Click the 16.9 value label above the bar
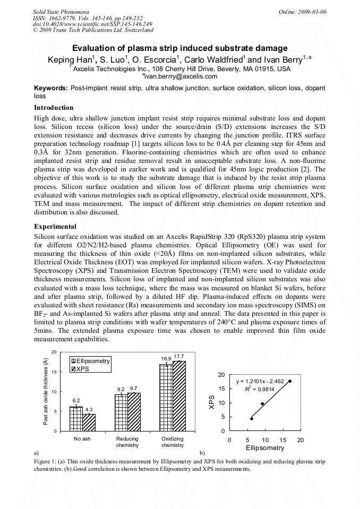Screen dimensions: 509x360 pos(166,359)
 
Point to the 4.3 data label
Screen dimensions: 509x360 pos(89,409)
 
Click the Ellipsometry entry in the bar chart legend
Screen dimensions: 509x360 pos(90,361)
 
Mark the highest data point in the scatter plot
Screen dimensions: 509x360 pos(290,381)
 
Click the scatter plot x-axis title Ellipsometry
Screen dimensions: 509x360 pos(264,448)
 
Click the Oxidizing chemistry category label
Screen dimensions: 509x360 pos(172,442)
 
